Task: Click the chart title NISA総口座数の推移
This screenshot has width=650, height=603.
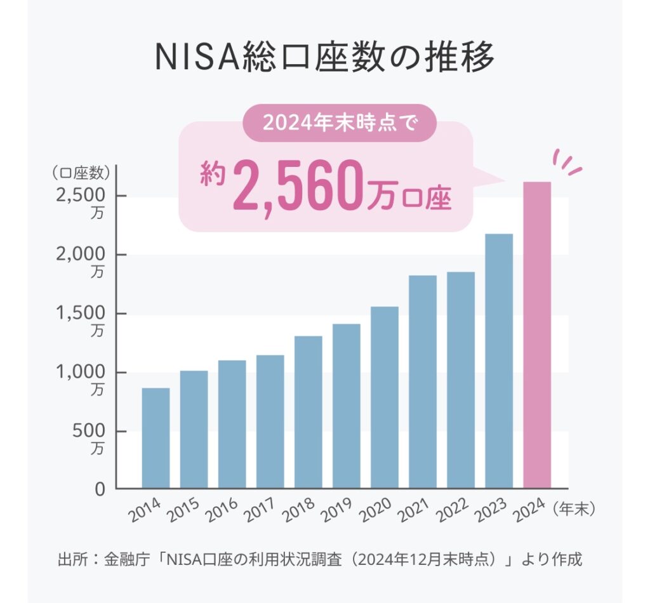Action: pos(324,58)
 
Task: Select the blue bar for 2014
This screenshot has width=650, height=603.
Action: pos(156,438)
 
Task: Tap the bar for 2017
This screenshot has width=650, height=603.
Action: pos(270,421)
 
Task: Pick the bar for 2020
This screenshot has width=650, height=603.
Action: pos(385,397)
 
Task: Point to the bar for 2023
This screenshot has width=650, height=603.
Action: pos(499,361)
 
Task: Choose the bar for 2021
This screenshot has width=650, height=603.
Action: pos(423,381)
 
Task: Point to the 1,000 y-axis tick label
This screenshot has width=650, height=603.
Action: pos(79,373)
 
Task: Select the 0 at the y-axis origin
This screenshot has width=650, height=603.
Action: pos(100,490)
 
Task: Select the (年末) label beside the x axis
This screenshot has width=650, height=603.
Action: pos(576,508)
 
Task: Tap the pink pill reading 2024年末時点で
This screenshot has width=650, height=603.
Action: pos(340,123)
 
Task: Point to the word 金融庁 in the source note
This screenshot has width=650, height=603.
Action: pos(129,560)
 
